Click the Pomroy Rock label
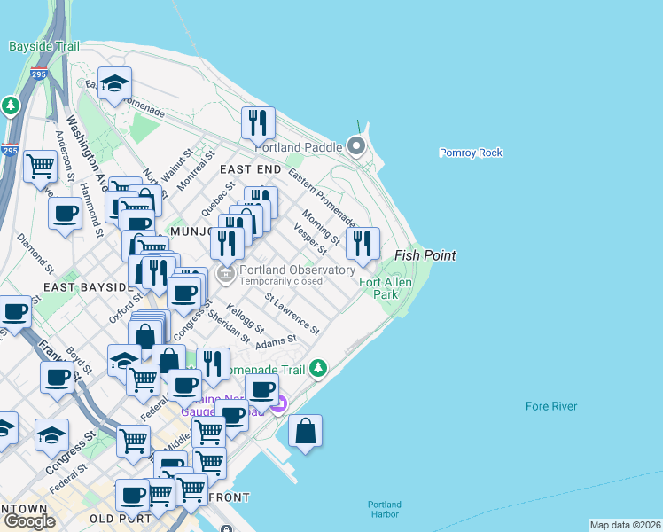coord(471,153)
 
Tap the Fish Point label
coord(425,255)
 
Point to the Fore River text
coord(550,406)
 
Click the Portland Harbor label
coord(385,510)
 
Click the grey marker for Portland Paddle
coord(356,146)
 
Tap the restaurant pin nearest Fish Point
coord(363,243)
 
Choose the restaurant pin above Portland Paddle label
coord(258,122)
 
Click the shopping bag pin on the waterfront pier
coord(305,431)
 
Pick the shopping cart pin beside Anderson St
coord(41,165)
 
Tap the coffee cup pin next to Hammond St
coord(65,214)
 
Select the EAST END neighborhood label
coord(251,169)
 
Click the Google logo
coord(29,521)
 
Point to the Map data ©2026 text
coord(625,525)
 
